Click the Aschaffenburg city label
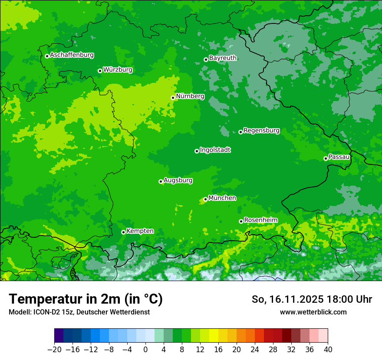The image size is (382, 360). (x=72, y=55)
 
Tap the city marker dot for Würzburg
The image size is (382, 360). (x=100, y=71)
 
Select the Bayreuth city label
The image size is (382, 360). (x=223, y=58)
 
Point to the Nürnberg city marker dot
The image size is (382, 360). (x=173, y=98)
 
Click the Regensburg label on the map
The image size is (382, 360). (x=261, y=131)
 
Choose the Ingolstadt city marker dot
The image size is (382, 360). (x=197, y=151)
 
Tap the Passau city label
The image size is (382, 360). (x=339, y=157)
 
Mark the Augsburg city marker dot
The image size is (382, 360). (x=161, y=181)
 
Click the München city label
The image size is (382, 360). (x=222, y=198)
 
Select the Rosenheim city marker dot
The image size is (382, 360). (x=241, y=221)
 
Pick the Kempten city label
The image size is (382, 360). (x=140, y=231)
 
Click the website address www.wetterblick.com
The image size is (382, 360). (x=313, y=312)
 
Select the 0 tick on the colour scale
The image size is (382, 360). (x=145, y=350)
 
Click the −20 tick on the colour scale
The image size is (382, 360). (x=54, y=350)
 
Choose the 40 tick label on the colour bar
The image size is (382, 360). (x=328, y=350)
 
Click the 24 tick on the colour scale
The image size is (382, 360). (x=255, y=350)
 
